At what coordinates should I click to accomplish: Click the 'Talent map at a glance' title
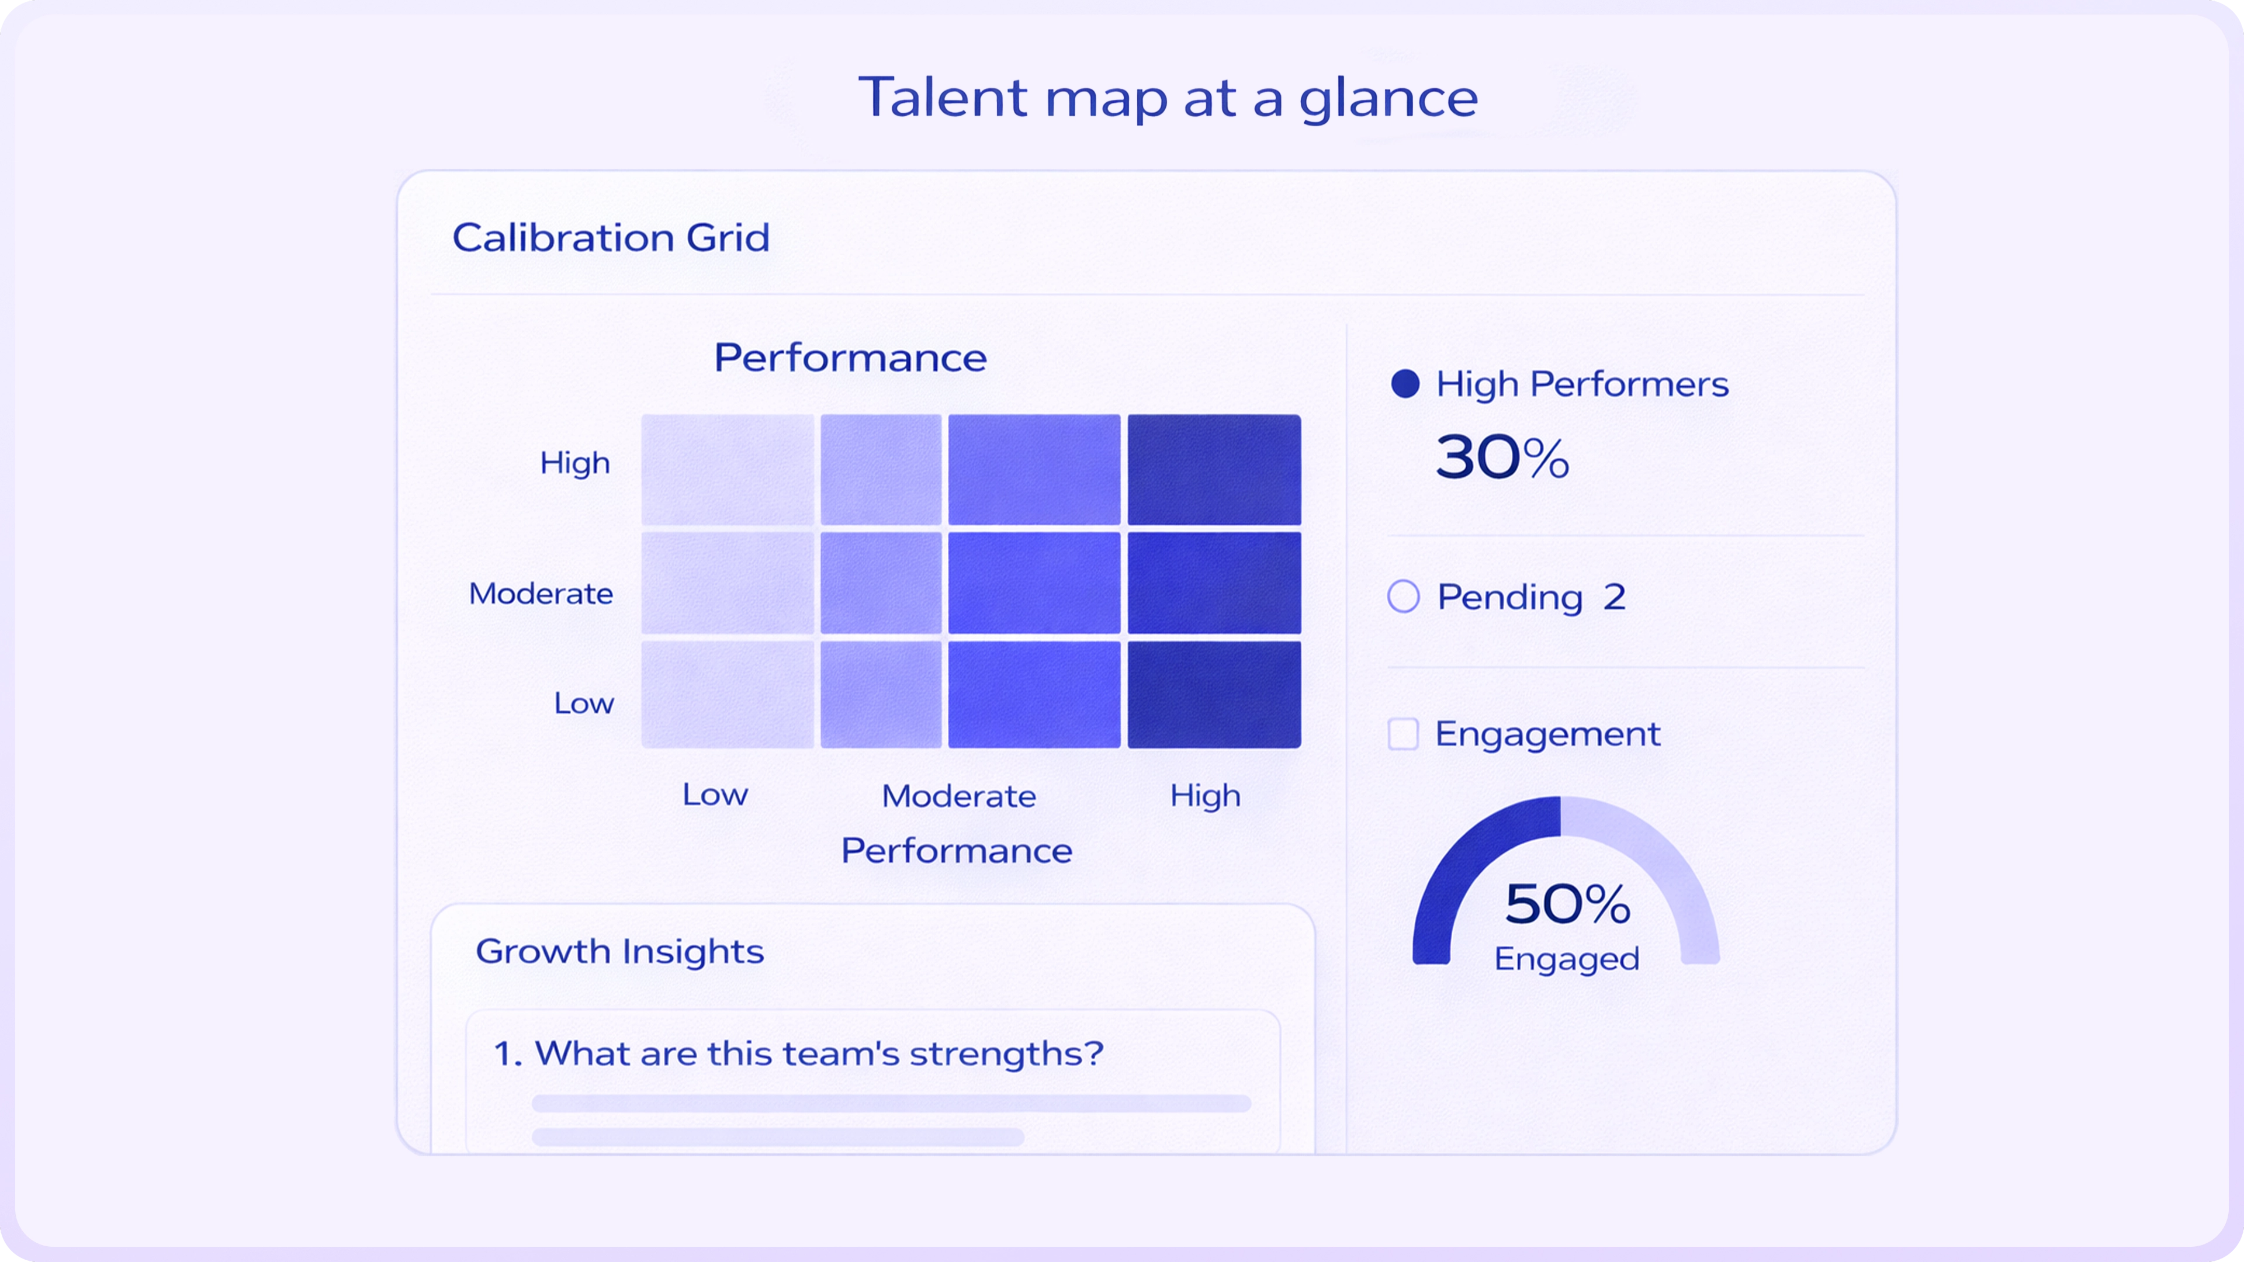click(x=1168, y=98)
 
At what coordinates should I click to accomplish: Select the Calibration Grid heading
click(x=611, y=238)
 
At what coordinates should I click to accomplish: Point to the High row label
click(x=575, y=463)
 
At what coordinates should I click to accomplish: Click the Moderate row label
click(x=541, y=594)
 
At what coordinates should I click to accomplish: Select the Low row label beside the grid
click(x=584, y=703)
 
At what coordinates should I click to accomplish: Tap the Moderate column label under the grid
click(x=958, y=796)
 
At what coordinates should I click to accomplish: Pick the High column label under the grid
click(x=1205, y=795)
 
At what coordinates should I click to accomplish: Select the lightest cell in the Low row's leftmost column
click(x=728, y=694)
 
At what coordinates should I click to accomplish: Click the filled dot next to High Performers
click(x=1405, y=384)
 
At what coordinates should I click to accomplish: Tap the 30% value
click(x=1502, y=457)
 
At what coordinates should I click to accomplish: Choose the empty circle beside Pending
click(x=1403, y=597)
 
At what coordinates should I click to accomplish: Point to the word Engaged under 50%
click(x=1566, y=959)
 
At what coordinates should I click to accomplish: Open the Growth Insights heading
click(x=619, y=951)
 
